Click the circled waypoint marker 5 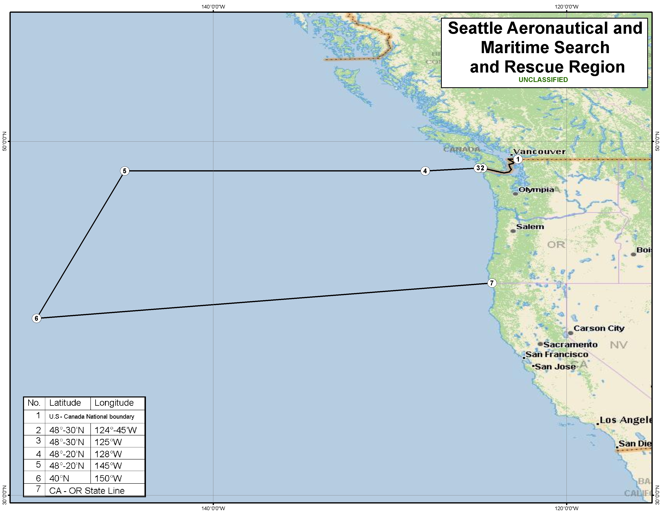coord(124,171)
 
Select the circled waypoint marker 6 coord(36,318)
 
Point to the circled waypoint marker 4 coord(425,171)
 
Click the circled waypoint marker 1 coord(518,159)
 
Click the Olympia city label coord(536,189)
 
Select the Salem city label coord(530,227)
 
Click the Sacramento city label coord(570,345)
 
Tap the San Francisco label coord(557,354)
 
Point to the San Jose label coord(555,366)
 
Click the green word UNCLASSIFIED coord(543,80)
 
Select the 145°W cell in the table coord(108,466)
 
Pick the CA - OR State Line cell coord(87,491)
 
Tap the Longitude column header coord(114,403)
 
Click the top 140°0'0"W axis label coord(213,7)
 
